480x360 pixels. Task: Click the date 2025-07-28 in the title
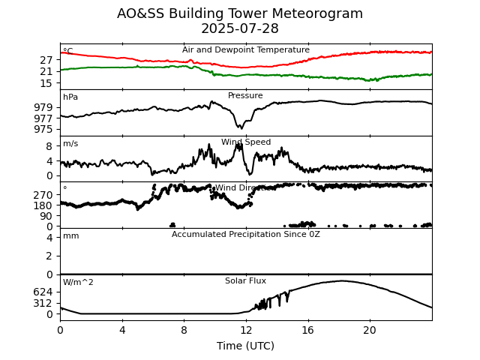tap(240, 29)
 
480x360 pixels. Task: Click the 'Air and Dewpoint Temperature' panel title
tap(246, 50)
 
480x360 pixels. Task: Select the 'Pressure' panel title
tap(245, 96)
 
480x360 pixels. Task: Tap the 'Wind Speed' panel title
tap(246, 142)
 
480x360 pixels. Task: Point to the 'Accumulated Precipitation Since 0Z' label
tap(246, 235)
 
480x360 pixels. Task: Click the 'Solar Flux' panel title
tap(245, 281)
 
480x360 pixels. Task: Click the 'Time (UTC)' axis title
tap(245, 346)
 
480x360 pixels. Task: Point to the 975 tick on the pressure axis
tap(44, 129)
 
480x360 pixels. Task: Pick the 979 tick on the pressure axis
tap(44, 107)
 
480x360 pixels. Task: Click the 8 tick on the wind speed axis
tap(49, 146)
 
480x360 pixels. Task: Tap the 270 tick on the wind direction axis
tap(44, 194)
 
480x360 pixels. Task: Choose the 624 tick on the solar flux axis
tap(44, 292)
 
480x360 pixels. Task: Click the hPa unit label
tap(70, 97)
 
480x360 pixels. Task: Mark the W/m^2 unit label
tap(78, 283)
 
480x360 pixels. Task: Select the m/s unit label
tap(70, 144)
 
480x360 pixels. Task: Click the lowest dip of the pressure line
tap(239, 127)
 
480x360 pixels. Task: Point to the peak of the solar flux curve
tap(342, 281)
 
